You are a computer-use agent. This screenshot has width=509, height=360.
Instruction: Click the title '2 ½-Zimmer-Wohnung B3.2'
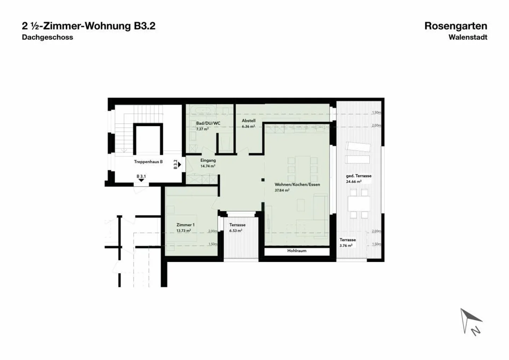[x=88, y=26]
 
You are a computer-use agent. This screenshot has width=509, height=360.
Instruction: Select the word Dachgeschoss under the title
[x=47, y=37]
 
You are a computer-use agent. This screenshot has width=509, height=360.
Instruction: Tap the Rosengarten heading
[x=456, y=26]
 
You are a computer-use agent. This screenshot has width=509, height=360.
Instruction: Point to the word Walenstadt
[x=468, y=37]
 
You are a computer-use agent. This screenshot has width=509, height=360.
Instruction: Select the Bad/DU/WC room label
[x=208, y=123]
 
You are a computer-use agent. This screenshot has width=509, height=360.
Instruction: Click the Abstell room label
[x=248, y=121]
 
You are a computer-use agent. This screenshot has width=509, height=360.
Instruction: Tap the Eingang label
[x=208, y=160]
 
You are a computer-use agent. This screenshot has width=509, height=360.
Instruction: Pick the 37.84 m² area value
[x=282, y=190]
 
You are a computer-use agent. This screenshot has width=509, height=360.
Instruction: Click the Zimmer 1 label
[x=185, y=225]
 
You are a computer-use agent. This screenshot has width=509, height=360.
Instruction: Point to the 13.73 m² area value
[x=183, y=231]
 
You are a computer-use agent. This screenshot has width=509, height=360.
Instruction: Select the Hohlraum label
[x=297, y=251]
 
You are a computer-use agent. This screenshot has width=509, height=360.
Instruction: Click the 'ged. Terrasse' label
[x=358, y=176]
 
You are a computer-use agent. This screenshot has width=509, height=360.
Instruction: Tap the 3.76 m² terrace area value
[x=346, y=245]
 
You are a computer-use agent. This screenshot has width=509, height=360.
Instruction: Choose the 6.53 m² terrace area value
[x=235, y=231]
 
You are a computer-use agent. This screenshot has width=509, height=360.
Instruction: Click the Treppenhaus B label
[x=148, y=162]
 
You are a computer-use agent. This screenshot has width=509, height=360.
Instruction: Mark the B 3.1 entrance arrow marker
[x=141, y=180]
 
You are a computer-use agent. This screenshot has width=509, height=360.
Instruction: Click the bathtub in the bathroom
[x=201, y=110]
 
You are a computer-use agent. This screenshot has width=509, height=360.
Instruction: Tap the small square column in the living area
[x=263, y=180]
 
